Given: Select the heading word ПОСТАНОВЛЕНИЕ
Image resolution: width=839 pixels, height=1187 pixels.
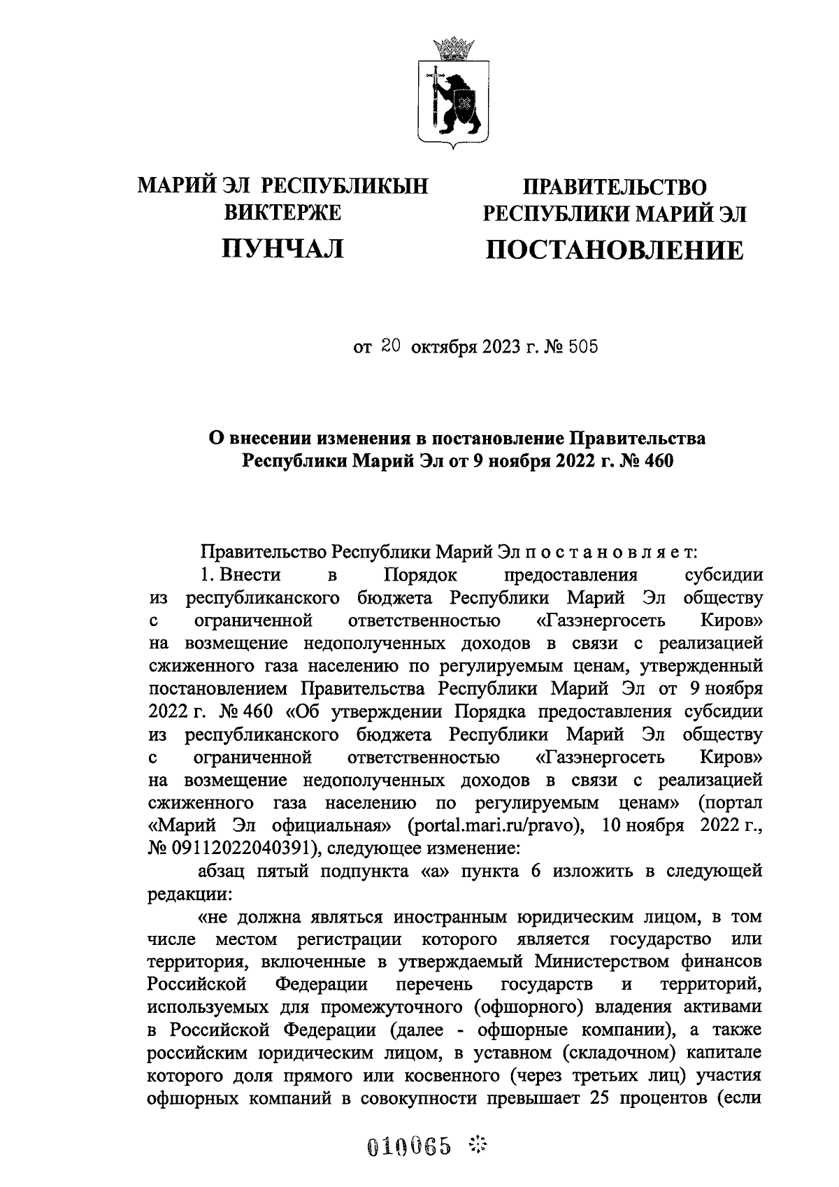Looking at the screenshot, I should pyautogui.click(x=615, y=250).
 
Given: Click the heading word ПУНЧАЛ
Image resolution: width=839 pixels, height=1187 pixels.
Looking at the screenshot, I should pyautogui.click(x=282, y=248).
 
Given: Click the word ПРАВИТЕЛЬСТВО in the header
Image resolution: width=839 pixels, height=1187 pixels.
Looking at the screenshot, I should pyautogui.click(x=615, y=187).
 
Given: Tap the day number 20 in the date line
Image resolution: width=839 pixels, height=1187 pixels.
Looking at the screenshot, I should pyautogui.click(x=390, y=346).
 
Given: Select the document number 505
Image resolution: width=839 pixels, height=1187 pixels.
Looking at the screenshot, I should pyautogui.click(x=583, y=346).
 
